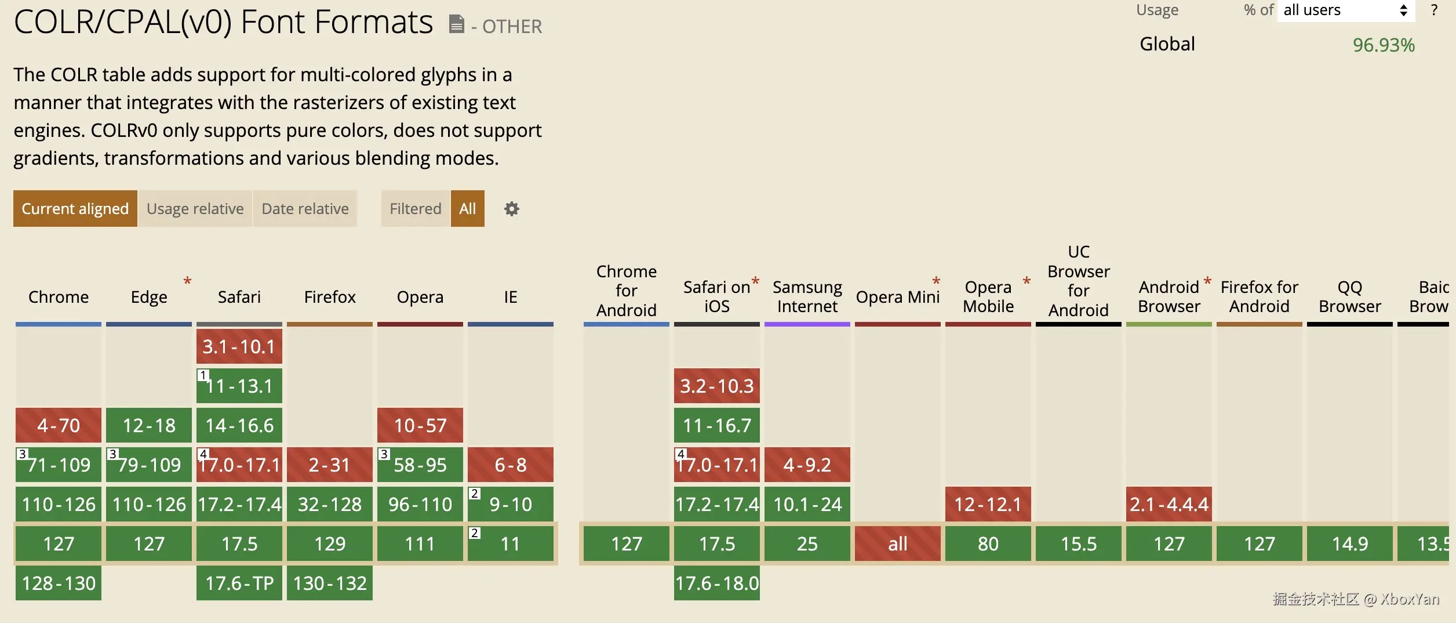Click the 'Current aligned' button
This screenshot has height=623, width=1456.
pos(75,208)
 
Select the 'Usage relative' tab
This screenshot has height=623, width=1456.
pos(195,208)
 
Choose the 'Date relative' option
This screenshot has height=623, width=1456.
pos(305,208)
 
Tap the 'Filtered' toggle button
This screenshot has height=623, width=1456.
pos(415,208)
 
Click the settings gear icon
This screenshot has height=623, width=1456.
pos(511,209)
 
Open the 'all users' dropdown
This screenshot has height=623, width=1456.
pos(1345,10)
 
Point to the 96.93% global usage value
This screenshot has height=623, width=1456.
pos(1383,45)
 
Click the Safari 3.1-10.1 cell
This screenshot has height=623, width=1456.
pos(239,346)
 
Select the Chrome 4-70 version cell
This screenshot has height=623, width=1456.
pos(59,425)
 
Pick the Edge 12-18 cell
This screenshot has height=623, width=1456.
pos(149,425)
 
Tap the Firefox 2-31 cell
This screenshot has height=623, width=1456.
pos(329,465)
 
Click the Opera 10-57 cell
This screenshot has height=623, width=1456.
pos(420,425)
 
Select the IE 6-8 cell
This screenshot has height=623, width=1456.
pos(510,465)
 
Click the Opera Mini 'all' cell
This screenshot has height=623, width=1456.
pos(897,544)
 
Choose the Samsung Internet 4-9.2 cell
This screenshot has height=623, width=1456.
pos(807,465)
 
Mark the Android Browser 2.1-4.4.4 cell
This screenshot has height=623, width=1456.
pos(1169,504)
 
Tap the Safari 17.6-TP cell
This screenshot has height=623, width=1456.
pos(239,583)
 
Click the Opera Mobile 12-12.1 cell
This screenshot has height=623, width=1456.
pos(988,504)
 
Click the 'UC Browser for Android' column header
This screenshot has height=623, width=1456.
pos(1078,281)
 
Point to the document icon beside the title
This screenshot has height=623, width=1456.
pos(457,24)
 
